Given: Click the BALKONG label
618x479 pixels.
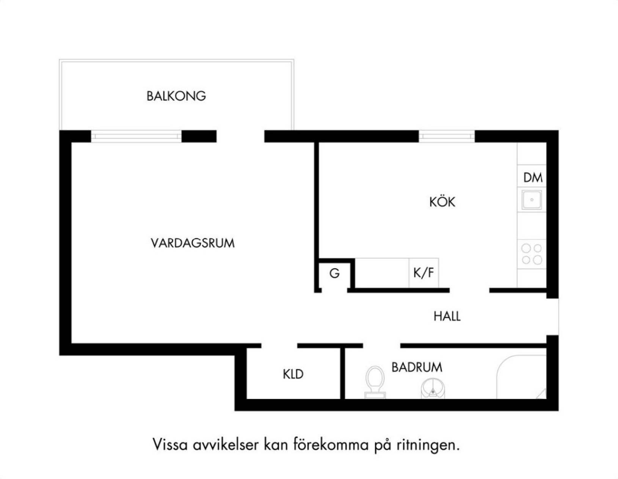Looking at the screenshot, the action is pyautogui.click(x=176, y=96).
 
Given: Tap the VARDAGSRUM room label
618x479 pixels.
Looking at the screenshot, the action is pyautogui.click(x=193, y=243).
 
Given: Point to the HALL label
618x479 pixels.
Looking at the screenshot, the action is pyautogui.click(x=447, y=316).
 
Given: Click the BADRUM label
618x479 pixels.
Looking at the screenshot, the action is pyautogui.click(x=417, y=367).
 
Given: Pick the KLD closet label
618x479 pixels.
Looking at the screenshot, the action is pyautogui.click(x=293, y=374).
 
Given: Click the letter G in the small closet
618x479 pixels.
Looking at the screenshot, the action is pyautogui.click(x=334, y=274).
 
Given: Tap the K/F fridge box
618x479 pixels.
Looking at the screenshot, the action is pyautogui.click(x=424, y=273).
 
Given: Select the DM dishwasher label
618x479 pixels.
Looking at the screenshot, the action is pyautogui.click(x=533, y=178).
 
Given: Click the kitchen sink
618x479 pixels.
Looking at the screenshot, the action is pyautogui.click(x=532, y=199).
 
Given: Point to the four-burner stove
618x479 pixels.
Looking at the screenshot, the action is pyautogui.click(x=532, y=254).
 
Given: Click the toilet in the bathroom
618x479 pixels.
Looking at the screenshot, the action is pyautogui.click(x=375, y=382).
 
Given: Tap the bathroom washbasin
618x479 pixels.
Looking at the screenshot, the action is pyautogui.click(x=433, y=388).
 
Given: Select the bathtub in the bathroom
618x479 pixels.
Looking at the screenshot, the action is pyautogui.click(x=521, y=377).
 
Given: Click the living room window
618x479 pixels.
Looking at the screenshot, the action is pyautogui.click(x=136, y=136).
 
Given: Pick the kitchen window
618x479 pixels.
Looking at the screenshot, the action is pyautogui.click(x=447, y=136).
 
